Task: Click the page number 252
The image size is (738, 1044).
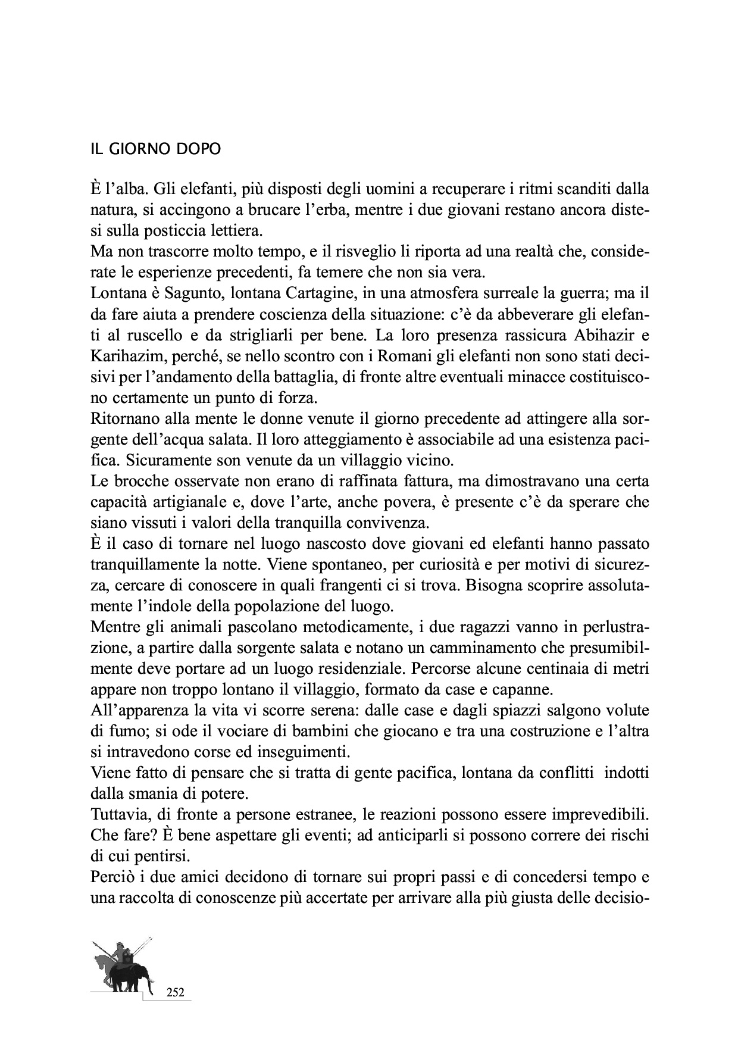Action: coord(175,992)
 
